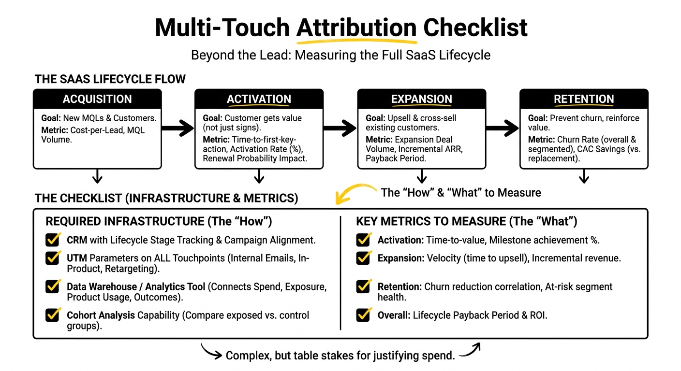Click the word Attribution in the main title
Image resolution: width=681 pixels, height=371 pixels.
click(x=356, y=28)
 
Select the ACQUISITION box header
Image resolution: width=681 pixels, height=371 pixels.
click(x=97, y=99)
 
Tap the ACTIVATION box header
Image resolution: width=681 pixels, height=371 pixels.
click(x=259, y=99)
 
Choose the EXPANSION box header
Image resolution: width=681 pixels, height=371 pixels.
click(x=421, y=99)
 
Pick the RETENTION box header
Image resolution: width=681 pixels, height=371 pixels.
click(x=584, y=99)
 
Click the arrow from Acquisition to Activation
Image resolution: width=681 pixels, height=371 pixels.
click(x=178, y=128)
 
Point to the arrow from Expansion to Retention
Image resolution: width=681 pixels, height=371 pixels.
click(x=503, y=128)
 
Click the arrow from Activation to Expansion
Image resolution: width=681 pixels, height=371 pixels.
click(x=340, y=128)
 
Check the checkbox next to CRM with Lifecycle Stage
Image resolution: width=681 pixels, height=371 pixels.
click(x=52, y=240)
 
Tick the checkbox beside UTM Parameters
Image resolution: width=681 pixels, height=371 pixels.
click(x=52, y=258)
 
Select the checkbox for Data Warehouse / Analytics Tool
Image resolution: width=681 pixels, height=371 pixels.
click(x=52, y=287)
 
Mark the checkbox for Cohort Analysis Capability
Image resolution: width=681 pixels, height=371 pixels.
click(x=52, y=315)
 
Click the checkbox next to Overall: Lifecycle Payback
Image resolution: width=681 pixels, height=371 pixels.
click(x=363, y=315)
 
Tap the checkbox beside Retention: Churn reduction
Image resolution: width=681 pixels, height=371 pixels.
click(x=363, y=287)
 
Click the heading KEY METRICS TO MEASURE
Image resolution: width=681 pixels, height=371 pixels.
click(x=466, y=222)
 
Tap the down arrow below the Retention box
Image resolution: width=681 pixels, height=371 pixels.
click(x=584, y=176)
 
